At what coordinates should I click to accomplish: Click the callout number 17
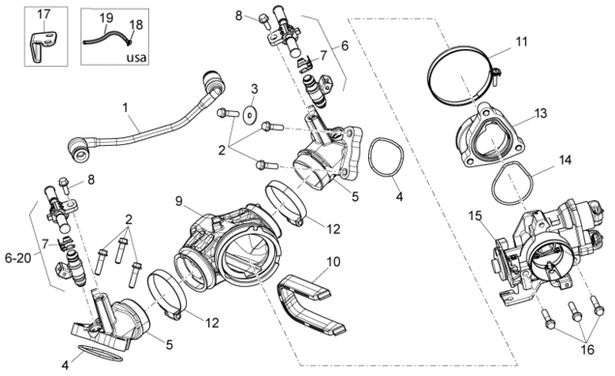44,14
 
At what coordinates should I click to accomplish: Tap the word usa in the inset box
137,58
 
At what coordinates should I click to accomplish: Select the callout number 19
106,18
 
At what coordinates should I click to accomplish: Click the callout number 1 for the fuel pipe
126,107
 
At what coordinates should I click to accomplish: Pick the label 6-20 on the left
18,258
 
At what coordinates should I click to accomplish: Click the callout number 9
179,201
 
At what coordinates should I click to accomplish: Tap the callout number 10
333,262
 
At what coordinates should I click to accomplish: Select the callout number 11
521,42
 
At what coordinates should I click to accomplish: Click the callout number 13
540,114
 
